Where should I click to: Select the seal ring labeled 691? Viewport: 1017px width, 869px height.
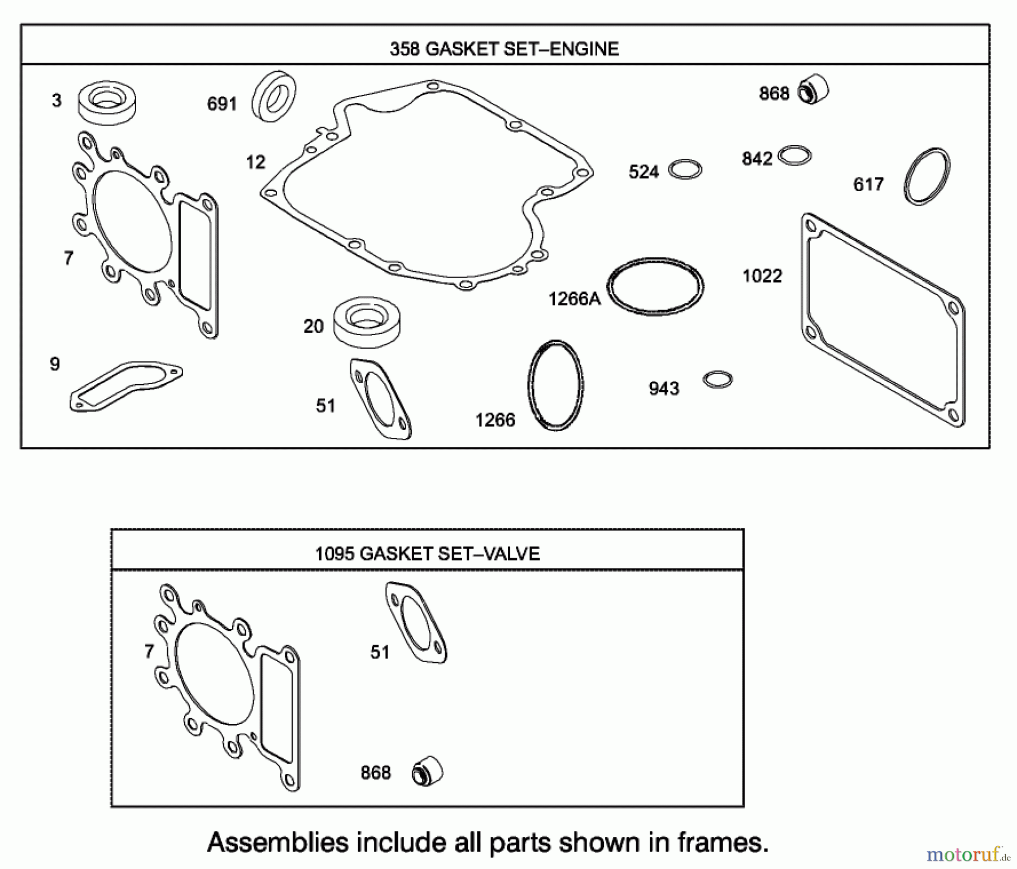(274, 96)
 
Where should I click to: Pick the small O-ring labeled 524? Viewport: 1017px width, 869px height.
(685, 170)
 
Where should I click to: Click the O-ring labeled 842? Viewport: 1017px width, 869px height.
(794, 155)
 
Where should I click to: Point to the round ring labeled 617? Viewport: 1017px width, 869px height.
(927, 176)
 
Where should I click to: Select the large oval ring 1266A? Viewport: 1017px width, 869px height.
(655, 286)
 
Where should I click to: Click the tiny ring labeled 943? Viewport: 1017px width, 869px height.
(718, 379)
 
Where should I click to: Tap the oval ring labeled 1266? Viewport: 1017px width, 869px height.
(555, 385)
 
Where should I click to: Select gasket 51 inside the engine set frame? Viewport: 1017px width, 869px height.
(381, 399)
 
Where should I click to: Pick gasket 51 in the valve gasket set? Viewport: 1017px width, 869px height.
(416, 622)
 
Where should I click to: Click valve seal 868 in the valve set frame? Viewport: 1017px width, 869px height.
(427, 771)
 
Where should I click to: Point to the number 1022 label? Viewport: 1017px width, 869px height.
(762, 276)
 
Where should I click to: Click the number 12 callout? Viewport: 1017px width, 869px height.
(255, 163)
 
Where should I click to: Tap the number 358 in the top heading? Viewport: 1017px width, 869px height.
(404, 49)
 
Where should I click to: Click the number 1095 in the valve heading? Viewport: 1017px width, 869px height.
(334, 553)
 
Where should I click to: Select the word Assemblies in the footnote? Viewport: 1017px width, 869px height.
(277, 842)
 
